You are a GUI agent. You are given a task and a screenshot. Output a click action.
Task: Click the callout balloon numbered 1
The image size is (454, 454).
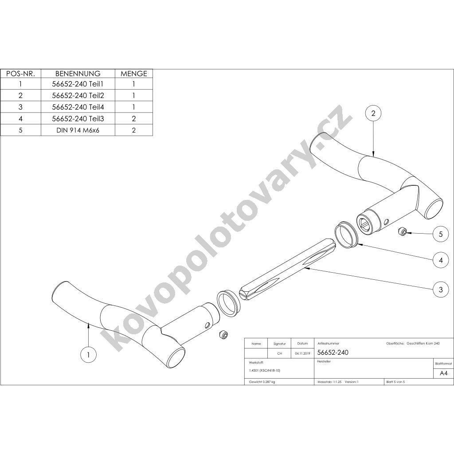point(88,354)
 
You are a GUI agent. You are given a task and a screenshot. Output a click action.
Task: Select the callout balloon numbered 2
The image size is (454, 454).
point(373,113)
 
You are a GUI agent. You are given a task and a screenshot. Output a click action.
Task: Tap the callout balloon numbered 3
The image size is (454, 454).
point(441,289)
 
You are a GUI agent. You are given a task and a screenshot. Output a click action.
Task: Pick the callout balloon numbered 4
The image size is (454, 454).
point(441,260)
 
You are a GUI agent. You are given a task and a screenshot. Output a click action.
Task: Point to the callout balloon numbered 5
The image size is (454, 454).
point(441,234)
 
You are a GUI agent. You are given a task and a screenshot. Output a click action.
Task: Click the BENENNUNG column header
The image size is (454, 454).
point(78,74)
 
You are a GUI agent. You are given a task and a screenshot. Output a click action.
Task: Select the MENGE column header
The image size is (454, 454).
point(134,74)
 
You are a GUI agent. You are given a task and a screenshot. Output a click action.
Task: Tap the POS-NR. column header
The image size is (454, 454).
point(20,74)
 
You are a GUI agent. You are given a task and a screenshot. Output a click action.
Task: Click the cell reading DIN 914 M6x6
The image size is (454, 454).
point(78,130)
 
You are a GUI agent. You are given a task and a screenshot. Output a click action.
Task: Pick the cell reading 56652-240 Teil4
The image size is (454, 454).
point(78,107)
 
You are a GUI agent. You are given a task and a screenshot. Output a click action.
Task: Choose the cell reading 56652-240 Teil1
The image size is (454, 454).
point(78,84)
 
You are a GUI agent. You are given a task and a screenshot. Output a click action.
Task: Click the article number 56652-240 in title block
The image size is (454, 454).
point(333,352)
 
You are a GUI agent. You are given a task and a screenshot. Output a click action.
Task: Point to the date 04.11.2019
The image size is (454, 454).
point(302,353)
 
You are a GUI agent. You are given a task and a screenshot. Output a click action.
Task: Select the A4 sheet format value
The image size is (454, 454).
point(443,373)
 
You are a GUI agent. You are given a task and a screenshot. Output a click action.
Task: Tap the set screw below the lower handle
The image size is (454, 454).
point(224,334)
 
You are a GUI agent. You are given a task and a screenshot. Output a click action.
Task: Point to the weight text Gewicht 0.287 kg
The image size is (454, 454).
point(262,382)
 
